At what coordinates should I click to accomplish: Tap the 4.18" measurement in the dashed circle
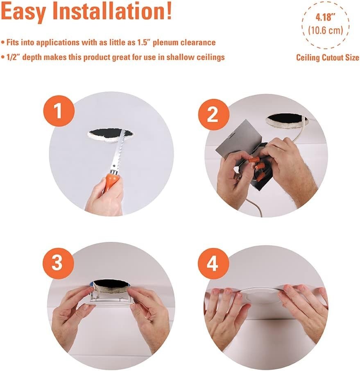[326, 17]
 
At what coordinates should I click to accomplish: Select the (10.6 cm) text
[326, 30]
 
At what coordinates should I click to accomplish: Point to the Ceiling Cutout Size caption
[328, 57]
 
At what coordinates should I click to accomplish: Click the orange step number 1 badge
[59, 111]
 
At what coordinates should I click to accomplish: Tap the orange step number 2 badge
[213, 114]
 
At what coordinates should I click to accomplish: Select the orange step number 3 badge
[58, 264]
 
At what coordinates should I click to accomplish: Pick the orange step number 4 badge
[213, 264]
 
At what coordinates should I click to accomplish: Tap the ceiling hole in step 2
[288, 121]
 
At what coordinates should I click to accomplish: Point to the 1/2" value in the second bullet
[13, 57]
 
